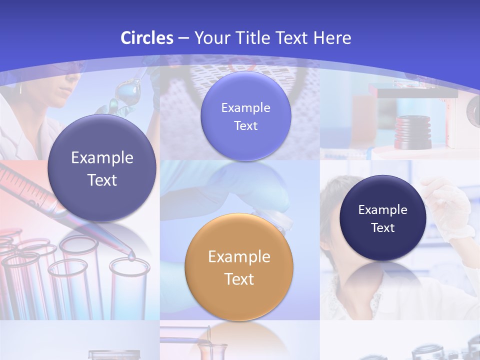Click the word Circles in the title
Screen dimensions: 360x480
click(x=146, y=38)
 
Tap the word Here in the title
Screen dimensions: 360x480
click(x=332, y=38)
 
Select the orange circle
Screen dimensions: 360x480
click(x=239, y=267)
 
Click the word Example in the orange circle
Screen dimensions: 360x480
click(x=239, y=257)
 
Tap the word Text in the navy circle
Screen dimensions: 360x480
click(x=383, y=228)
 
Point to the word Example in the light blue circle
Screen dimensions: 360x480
click(x=245, y=107)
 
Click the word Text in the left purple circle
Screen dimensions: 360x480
click(x=102, y=180)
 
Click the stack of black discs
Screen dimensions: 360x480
click(x=412, y=132)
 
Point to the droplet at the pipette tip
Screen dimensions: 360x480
click(x=131, y=256)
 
